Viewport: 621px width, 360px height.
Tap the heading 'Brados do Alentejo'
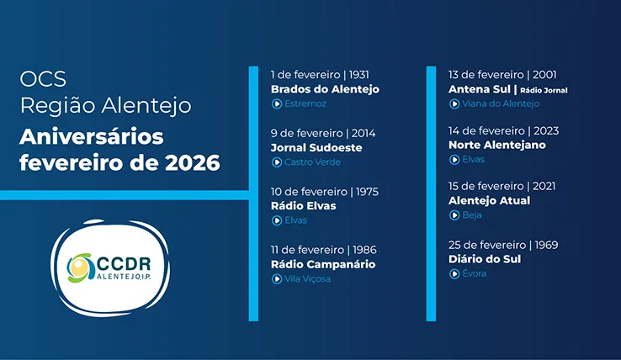coord(325,89)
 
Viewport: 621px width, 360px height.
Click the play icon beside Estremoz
coord(276,104)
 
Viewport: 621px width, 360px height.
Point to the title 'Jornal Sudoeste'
coord(316,147)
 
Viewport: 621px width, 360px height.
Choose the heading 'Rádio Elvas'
coord(303,206)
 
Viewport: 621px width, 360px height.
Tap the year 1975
coord(368,192)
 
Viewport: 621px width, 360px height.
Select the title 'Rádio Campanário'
coord(322,264)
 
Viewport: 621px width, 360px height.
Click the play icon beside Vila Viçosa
coord(276,279)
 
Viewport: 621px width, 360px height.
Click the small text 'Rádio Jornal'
coord(545,90)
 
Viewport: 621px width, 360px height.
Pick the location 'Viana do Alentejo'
coord(500,104)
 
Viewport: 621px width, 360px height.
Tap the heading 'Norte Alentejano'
coord(497,145)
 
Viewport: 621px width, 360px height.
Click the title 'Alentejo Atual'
coord(490,200)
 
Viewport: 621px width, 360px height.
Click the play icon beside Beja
coord(454,215)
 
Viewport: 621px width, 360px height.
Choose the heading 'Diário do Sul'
coord(485,259)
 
